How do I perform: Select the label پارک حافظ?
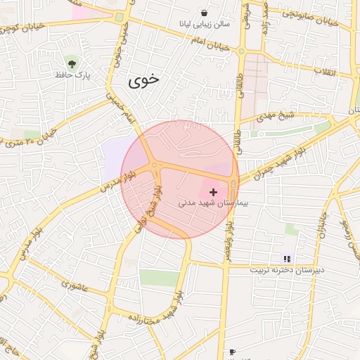coord(73,73)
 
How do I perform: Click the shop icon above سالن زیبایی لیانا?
coord(204,13)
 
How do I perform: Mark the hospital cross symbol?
coord(214,191)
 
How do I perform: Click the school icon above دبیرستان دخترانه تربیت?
coord(286,259)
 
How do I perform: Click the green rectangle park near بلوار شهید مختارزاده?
coord(159,277)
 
